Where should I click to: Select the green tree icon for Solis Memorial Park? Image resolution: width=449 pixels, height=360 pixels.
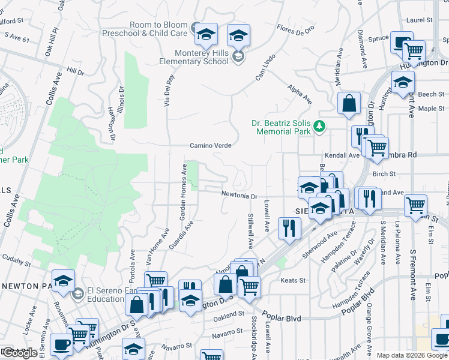[320, 125]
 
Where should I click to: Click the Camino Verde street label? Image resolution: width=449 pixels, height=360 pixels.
[211, 145]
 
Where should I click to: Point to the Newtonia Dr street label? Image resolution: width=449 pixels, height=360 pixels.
[239, 195]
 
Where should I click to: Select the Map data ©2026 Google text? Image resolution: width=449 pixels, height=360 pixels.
[412, 355]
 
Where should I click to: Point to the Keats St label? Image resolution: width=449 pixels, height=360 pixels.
[294, 280]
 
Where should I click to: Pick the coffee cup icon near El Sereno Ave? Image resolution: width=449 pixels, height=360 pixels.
[62, 343]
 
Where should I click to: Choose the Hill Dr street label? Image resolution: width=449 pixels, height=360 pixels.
[76, 71]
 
